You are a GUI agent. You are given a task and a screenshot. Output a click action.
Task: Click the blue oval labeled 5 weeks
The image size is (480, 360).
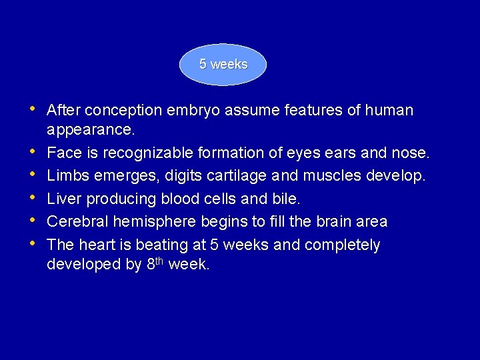pyautogui.click(x=223, y=65)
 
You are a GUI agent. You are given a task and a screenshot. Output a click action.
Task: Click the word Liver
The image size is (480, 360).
pyautogui.click(x=65, y=199)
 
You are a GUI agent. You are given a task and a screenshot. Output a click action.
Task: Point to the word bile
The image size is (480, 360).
pyautogui.click(x=287, y=199)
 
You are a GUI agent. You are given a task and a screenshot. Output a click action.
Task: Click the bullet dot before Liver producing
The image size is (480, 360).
pyautogui.click(x=33, y=198)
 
